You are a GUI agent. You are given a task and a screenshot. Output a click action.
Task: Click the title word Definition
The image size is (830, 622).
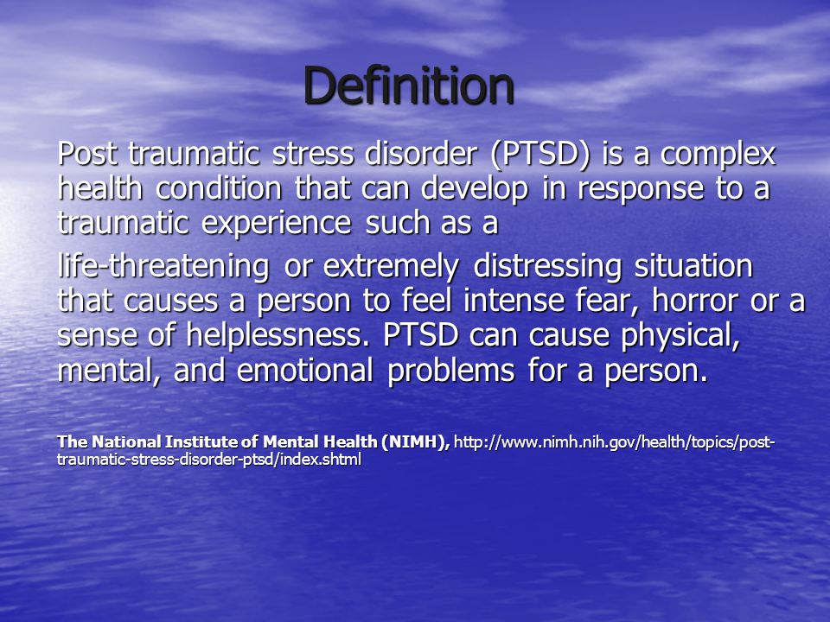point(409,86)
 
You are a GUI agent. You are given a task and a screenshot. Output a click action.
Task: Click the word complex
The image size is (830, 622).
point(718,155)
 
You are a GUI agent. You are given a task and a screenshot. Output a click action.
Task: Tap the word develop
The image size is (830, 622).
point(475,190)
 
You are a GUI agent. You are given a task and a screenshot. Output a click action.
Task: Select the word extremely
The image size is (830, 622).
point(391,268)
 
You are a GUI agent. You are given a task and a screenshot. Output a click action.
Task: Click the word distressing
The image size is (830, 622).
point(547,267)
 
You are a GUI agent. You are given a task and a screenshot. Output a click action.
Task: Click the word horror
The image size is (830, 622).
point(695,301)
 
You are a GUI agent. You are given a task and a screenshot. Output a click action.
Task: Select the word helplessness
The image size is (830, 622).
point(278,335)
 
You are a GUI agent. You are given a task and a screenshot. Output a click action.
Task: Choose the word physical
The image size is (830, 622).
point(680,336)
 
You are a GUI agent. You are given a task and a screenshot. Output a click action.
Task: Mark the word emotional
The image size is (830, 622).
point(305,370)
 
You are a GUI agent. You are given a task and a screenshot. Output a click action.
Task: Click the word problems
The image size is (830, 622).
point(451,371)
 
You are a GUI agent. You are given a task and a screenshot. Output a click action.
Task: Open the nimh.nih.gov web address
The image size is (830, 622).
point(416,451)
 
